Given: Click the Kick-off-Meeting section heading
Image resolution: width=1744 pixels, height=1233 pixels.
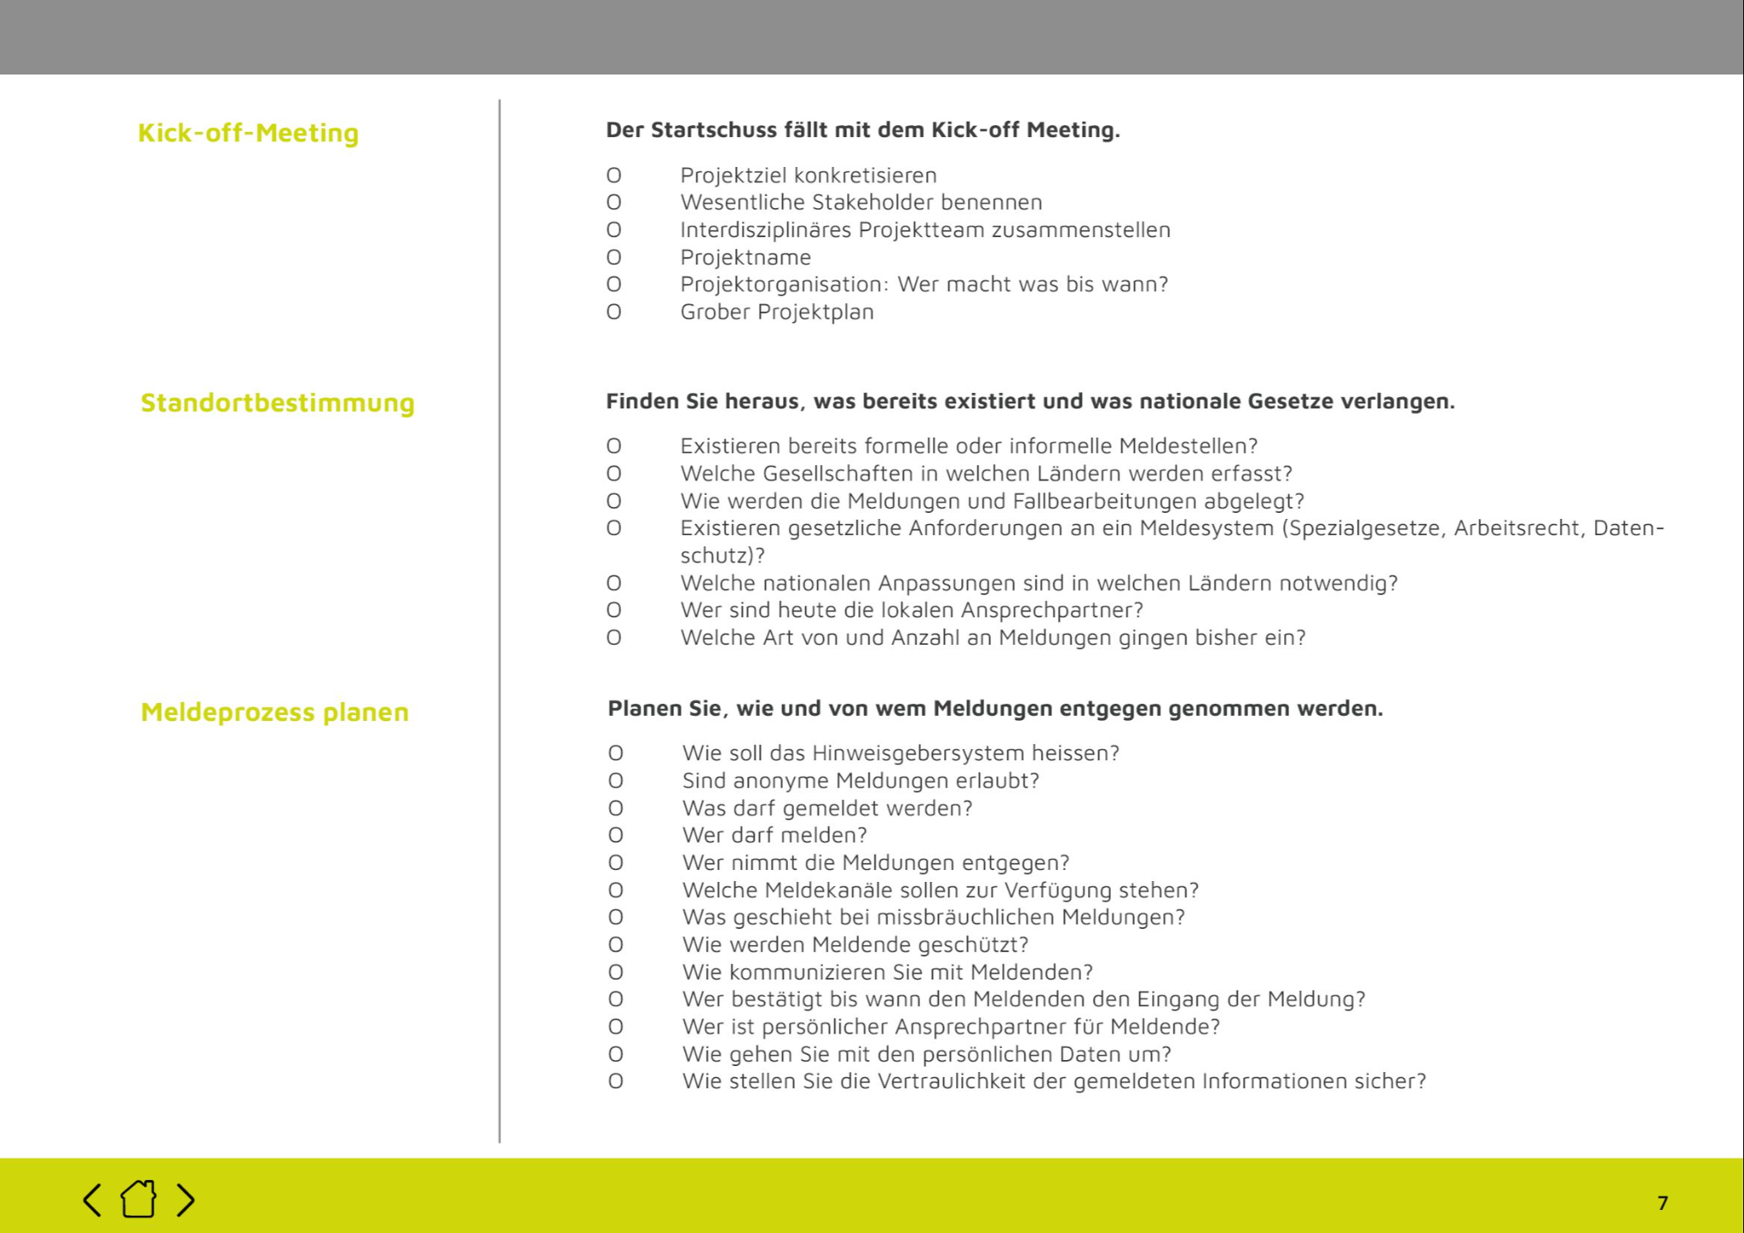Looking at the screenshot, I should pos(248,133).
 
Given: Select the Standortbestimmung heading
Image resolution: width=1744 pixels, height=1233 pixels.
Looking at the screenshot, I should pos(278,402).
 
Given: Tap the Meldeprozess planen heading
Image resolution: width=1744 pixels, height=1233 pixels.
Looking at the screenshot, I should pos(275,712).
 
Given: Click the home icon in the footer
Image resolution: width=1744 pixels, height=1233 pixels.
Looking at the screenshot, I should pos(139,1199).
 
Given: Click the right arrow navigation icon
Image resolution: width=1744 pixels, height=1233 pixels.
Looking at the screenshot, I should pos(186,1200).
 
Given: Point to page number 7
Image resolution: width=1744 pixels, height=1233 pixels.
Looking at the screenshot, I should pos(1663,1203).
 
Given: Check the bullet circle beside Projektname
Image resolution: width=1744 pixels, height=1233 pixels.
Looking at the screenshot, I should pos(614,257).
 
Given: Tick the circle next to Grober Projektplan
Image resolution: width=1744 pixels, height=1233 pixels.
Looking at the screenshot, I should pos(614,312).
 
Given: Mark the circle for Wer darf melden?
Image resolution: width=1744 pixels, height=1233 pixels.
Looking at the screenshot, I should pos(616,835).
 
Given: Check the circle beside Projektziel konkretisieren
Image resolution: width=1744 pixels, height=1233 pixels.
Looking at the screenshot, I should pos(614,176).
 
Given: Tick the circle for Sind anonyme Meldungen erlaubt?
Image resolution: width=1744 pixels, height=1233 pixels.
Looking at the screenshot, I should pos(616,780).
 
